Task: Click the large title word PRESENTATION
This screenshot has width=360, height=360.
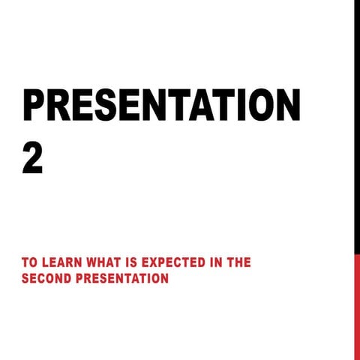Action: (x=161, y=106)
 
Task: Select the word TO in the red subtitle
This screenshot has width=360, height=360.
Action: (x=29, y=263)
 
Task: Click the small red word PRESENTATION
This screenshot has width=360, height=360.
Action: (x=123, y=279)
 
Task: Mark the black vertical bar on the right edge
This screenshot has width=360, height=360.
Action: (x=357, y=127)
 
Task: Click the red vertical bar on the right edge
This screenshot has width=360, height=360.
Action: (x=357, y=307)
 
